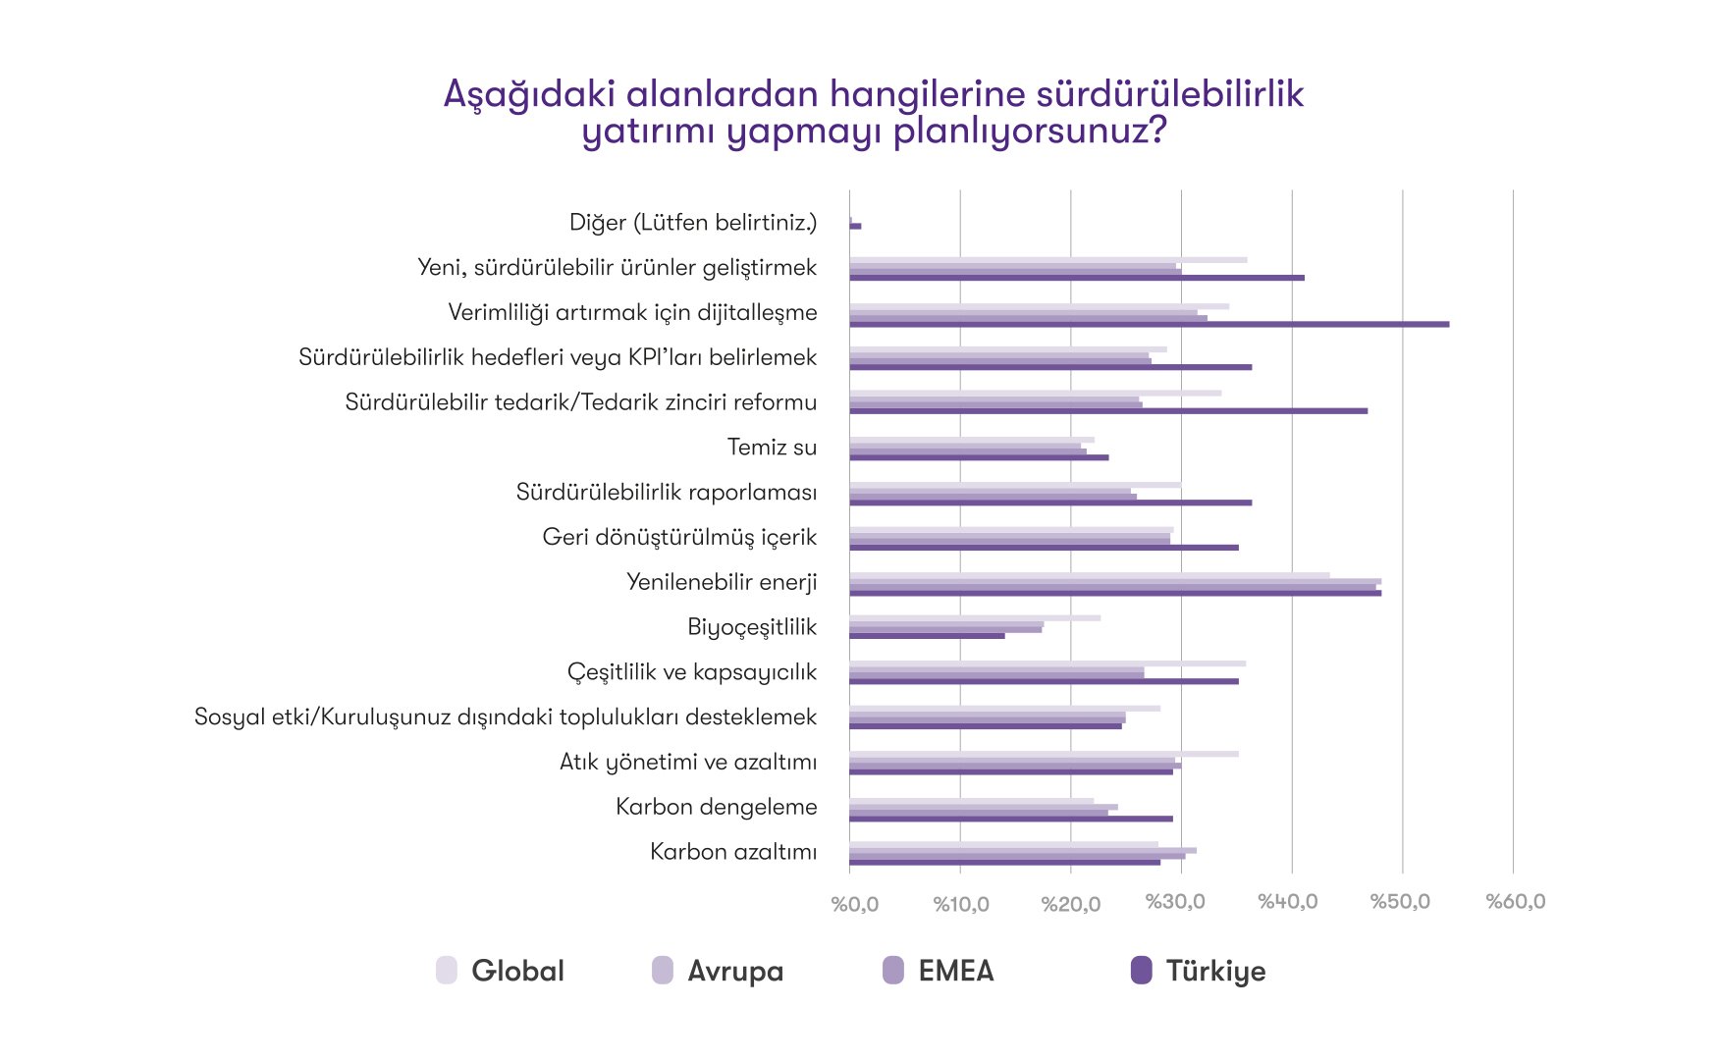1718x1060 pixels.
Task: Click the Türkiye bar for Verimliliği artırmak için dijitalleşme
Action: (x=1149, y=324)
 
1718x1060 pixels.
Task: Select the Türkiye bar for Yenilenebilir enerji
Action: (x=1114, y=593)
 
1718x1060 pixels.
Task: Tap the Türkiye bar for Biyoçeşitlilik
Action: (x=927, y=636)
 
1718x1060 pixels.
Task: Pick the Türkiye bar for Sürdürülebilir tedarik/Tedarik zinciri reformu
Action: (x=1107, y=411)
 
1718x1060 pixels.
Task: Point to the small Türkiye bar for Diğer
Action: (x=856, y=227)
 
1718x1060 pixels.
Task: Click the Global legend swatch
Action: (x=447, y=971)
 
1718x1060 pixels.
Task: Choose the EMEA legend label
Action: (x=955, y=971)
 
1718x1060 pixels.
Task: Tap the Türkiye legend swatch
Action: (x=1141, y=971)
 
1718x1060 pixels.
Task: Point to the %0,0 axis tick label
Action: (x=854, y=904)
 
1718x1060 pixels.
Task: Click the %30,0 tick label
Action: (x=1175, y=902)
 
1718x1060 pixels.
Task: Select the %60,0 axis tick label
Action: (x=1515, y=902)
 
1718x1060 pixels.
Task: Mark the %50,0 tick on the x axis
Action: (x=1400, y=902)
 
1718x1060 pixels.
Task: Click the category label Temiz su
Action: (x=772, y=448)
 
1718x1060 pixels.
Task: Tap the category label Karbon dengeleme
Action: (x=716, y=807)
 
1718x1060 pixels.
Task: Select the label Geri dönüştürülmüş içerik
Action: (x=679, y=537)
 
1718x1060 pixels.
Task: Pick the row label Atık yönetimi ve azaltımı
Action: (x=687, y=762)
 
